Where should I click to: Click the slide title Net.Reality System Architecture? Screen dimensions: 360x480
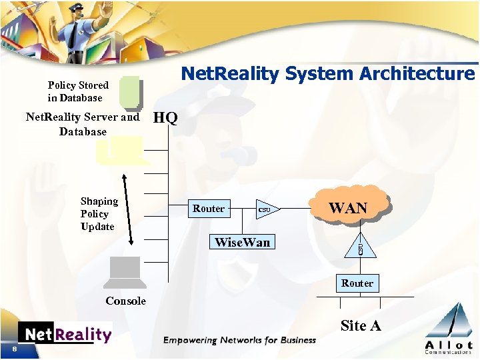(328, 73)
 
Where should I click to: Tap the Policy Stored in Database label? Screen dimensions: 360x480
(77, 91)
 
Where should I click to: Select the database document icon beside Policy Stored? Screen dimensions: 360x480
(130, 93)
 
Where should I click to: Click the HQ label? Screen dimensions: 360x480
(165, 119)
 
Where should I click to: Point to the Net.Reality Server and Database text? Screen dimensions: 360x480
(83, 125)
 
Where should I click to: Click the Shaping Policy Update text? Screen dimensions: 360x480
(99, 214)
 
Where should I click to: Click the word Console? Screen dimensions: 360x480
(125, 301)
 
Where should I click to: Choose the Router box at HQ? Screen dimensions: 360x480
(209, 209)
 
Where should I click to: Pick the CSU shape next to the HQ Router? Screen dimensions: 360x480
(266, 210)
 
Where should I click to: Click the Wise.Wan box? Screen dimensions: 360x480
(242, 242)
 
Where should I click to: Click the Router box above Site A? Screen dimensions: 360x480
(357, 283)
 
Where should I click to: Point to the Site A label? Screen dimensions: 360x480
(361, 326)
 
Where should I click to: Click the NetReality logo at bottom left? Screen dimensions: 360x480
(65, 333)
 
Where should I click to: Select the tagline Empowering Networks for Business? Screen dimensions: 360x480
(239, 341)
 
